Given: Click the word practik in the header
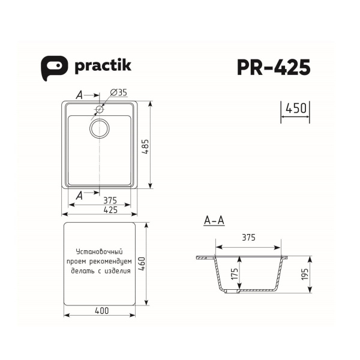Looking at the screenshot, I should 102,67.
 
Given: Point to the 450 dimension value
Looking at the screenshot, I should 296,109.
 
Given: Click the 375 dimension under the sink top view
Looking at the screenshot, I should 109,200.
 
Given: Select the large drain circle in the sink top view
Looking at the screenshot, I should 100,127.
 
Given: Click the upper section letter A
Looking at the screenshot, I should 79,95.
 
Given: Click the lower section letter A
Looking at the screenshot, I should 80,194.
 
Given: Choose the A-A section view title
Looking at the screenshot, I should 214,221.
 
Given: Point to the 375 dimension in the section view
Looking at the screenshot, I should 248,238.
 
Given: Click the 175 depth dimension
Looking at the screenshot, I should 235,275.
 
